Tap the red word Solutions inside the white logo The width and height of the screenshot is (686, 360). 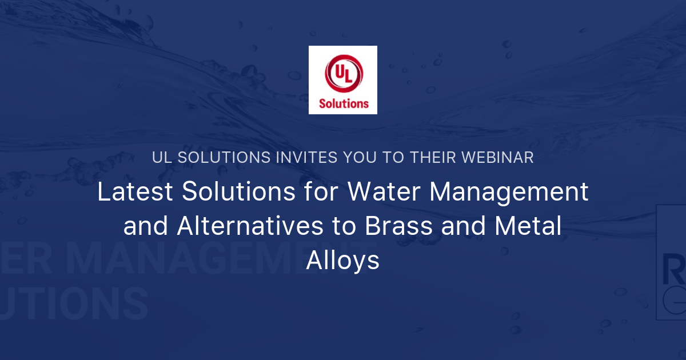[x=344, y=104]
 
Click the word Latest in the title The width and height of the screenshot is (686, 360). [x=135, y=193]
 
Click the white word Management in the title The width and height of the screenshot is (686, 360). [x=509, y=193]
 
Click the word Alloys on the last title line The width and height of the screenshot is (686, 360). [x=343, y=261]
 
